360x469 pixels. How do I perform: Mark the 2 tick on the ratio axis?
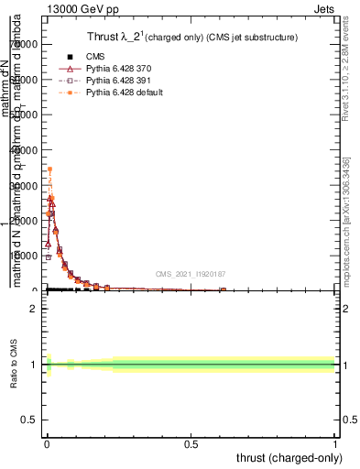[31, 309]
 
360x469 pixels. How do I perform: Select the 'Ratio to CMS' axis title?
[13, 365]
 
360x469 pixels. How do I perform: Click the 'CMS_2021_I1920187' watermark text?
[190, 273]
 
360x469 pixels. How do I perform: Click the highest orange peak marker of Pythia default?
[49, 169]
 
